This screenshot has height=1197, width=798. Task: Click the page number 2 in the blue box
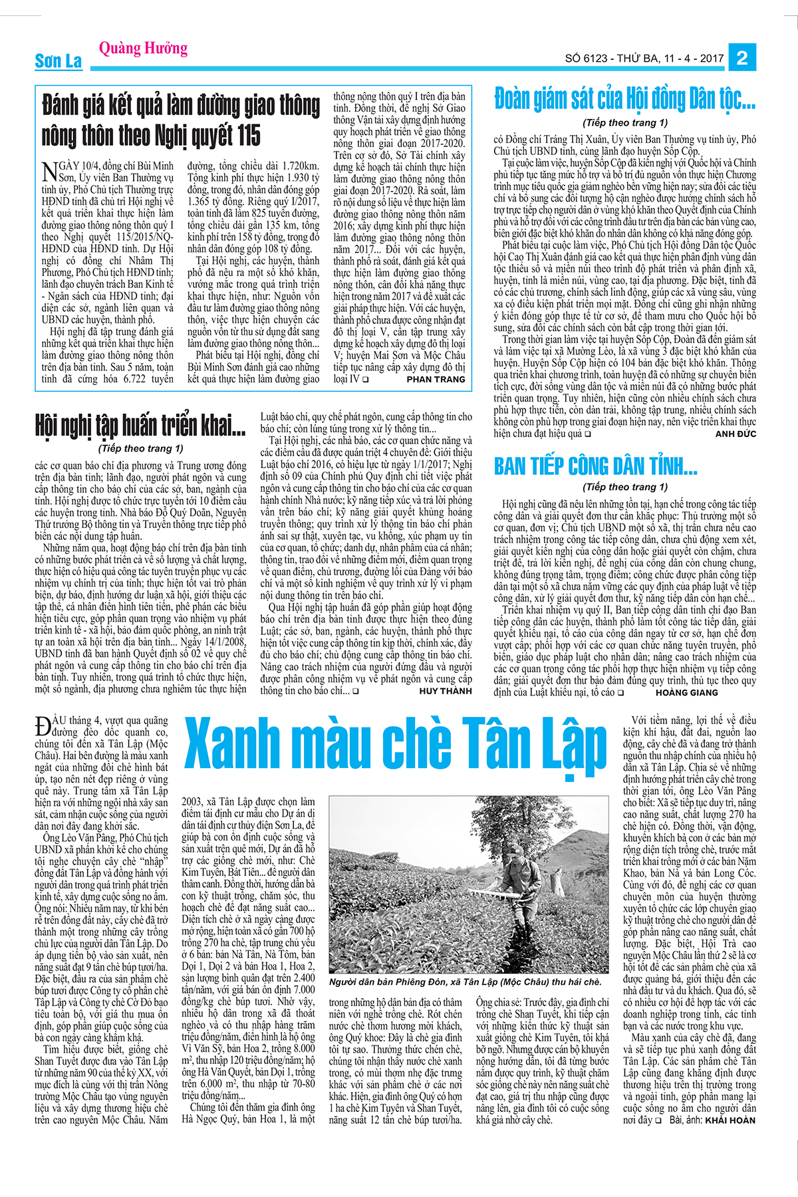tap(742, 58)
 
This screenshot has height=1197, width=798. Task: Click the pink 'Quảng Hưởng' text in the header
tap(143, 48)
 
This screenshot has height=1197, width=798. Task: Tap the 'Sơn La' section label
tap(59, 61)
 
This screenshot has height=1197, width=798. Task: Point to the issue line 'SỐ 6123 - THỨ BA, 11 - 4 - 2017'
tap(644, 59)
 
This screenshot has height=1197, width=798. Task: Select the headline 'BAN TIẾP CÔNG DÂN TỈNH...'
tap(595, 466)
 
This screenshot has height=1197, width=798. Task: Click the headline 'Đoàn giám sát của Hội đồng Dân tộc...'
tap(624, 100)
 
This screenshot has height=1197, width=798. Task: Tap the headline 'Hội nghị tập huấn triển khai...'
tap(140, 426)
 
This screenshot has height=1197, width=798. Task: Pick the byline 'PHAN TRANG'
tap(436, 379)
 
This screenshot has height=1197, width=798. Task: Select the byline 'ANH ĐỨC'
tap(735, 434)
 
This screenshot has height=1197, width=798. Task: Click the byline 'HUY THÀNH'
tap(445, 691)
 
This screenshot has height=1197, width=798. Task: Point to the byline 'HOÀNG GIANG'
tap(686, 692)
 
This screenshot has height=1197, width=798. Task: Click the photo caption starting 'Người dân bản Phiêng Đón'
tap(465, 982)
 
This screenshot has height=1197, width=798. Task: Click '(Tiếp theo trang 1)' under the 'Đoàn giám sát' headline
tap(624, 122)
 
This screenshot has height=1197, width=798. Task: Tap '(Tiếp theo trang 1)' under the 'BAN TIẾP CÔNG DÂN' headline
tap(624, 487)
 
